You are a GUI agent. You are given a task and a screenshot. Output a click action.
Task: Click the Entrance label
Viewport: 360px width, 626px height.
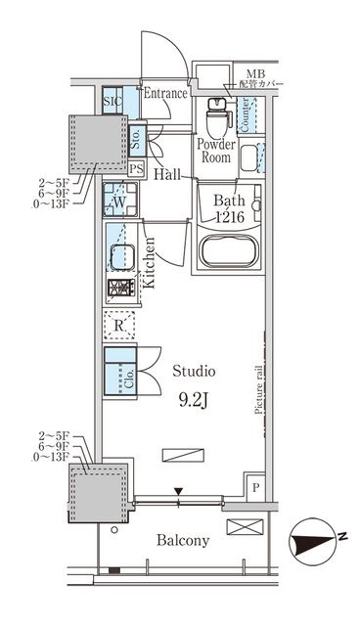(x=165, y=94)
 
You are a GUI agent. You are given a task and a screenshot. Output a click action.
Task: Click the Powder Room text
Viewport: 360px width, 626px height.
(x=214, y=150)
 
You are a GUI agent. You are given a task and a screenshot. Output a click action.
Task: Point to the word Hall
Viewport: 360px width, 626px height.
(x=166, y=175)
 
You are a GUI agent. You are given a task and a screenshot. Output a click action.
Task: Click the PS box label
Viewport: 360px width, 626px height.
(x=136, y=168)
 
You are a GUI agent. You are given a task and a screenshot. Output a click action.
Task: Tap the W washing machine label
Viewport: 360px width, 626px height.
(x=119, y=202)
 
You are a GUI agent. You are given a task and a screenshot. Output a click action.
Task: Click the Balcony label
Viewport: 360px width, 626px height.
(x=182, y=540)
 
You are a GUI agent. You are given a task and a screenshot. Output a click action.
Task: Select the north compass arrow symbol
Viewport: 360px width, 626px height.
(x=315, y=540)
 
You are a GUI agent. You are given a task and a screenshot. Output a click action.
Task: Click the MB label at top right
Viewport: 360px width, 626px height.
(x=255, y=72)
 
